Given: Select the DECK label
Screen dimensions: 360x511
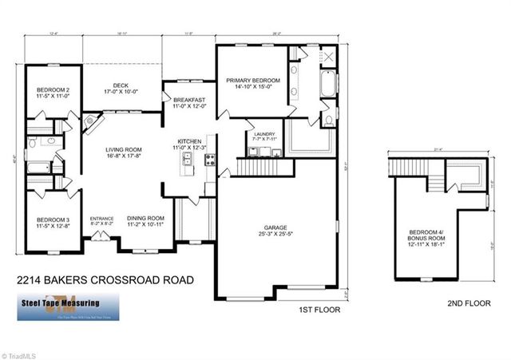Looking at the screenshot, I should pyautogui.click(x=121, y=85).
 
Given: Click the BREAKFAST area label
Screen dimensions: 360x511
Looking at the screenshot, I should pyautogui.click(x=189, y=100).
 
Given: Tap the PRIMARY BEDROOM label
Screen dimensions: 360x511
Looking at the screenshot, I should pyautogui.click(x=252, y=81).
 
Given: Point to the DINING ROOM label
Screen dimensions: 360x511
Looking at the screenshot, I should pyautogui.click(x=145, y=218).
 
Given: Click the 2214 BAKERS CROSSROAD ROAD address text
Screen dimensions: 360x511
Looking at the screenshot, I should pyautogui.click(x=105, y=281).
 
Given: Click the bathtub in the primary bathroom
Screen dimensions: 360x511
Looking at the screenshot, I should pyautogui.click(x=329, y=85).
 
